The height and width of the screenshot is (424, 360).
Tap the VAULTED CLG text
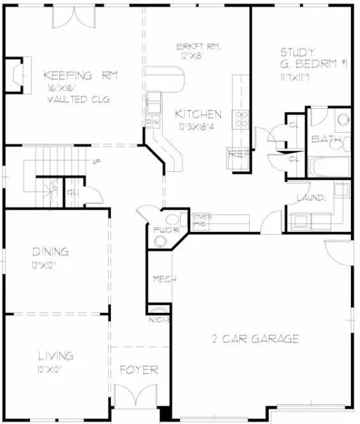point(79,100)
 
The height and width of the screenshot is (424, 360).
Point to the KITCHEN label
point(198,114)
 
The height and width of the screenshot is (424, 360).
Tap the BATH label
point(324,139)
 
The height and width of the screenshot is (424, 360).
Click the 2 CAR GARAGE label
point(255,339)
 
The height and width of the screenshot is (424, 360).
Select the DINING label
point(51,252)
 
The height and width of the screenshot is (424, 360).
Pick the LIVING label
point(56,356)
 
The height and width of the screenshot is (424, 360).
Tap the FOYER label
point(139,370)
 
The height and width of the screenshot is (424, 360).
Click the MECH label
point(160,279)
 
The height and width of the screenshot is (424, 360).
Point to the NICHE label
point(158,319)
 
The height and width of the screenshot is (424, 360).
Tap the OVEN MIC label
point(202,220)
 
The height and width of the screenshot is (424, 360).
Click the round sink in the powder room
point(161,240)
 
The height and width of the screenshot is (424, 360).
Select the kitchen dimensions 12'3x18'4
point(199,126)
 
